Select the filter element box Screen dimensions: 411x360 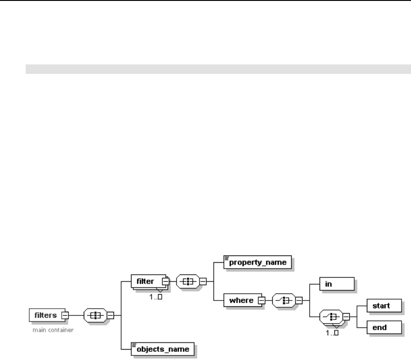(146, 281)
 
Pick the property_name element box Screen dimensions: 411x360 (257, 262)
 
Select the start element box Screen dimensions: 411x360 (383, 305)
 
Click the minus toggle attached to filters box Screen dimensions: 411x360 (65, 315)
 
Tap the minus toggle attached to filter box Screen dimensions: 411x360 (165, 282)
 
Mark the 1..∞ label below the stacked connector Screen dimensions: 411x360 (332, 333)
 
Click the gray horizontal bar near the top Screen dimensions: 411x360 (218, 69)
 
